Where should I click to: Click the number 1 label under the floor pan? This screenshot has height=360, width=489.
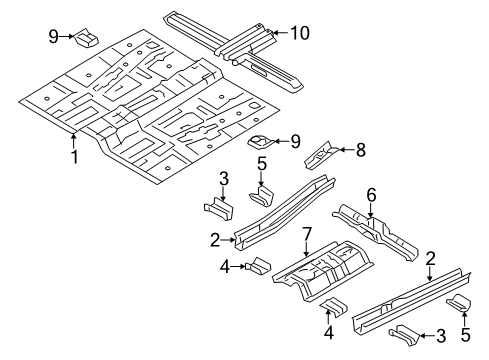73,156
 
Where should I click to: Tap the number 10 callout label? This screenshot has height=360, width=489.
299,33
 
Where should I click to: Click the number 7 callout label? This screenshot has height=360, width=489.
308,233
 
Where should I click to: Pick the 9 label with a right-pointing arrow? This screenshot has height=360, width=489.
54,38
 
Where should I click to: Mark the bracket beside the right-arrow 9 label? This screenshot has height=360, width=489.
87,38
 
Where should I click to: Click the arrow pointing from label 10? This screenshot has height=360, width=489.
279,33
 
